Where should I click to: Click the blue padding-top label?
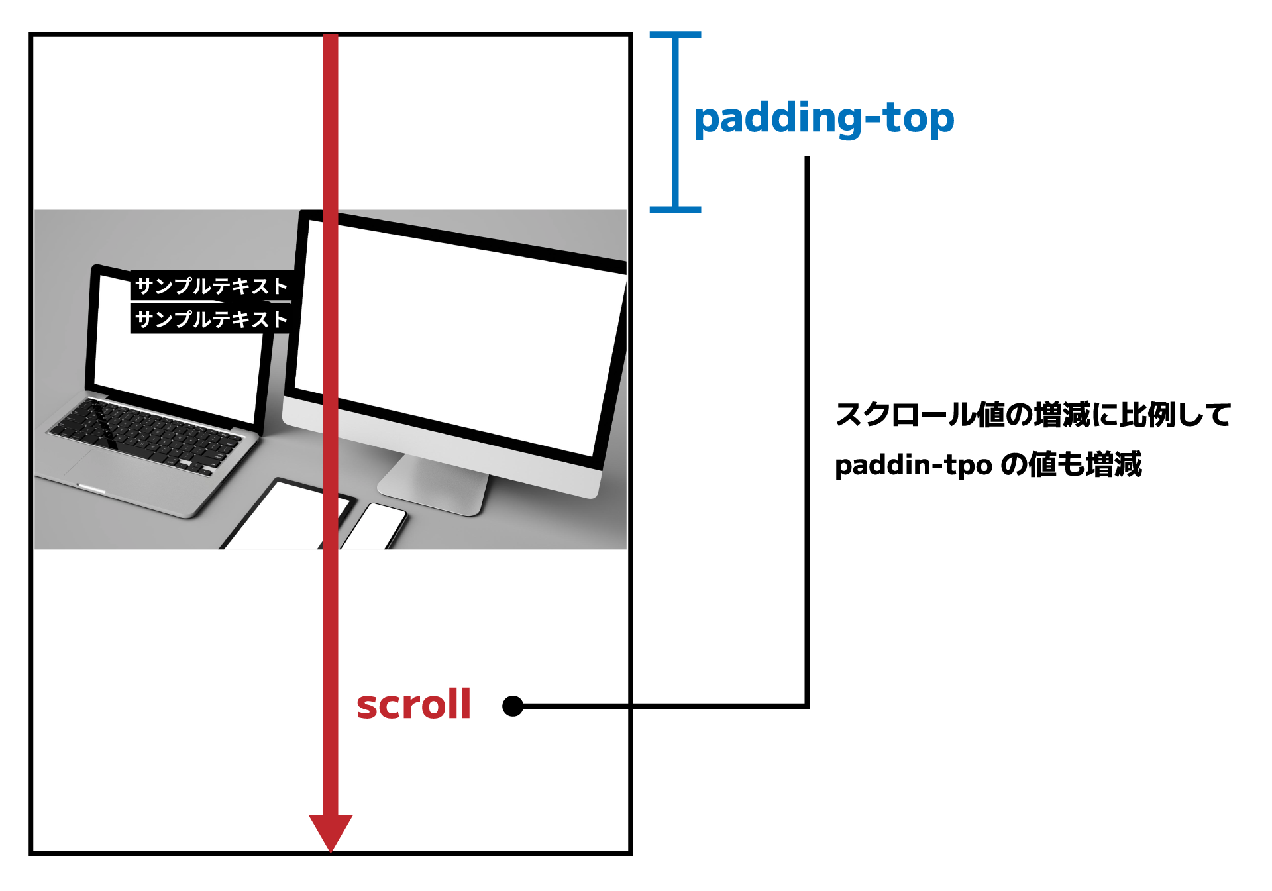[823, 119]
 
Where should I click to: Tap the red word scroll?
[413, 704]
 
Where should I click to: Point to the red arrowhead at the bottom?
[331, 831]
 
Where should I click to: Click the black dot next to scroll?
[513, 706]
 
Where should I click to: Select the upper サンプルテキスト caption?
[211, 286]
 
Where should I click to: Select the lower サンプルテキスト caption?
[211, 319]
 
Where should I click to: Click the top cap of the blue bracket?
[675, 34]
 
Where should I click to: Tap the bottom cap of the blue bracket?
[675, 209]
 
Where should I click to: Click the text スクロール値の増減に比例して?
[1032, 415]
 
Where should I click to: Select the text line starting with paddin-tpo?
[987, 465]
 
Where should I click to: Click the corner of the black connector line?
[807, 706]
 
